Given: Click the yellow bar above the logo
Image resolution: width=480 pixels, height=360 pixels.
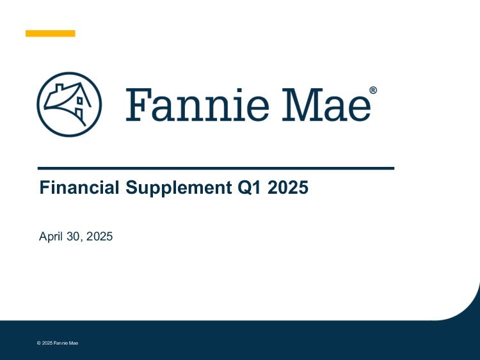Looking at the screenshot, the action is point(50,33).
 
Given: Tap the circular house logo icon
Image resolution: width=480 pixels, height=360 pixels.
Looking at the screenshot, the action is point(69,104).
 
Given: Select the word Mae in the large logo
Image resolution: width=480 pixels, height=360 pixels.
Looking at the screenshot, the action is point(326,105).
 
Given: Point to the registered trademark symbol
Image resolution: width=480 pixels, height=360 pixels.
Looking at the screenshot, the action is point(373,90).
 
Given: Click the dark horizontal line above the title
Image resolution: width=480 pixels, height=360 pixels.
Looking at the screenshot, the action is point(216,168).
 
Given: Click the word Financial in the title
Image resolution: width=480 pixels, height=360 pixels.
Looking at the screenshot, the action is point(79,187).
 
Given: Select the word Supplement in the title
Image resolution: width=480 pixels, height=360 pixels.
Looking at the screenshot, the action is point(179,188).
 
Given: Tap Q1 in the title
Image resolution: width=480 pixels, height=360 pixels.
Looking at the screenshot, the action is point(250,187).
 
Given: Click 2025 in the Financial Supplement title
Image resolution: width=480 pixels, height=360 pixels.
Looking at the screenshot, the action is point(288,187).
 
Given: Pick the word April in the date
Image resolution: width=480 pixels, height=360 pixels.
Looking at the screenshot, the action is point(51,237).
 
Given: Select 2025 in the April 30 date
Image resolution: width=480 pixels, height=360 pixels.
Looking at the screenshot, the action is point(99,237).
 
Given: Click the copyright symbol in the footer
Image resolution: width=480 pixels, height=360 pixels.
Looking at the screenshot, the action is point(39,343).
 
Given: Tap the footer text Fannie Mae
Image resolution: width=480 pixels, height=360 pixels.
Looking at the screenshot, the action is point(66,343).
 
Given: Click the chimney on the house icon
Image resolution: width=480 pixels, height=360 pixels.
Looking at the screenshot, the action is point(59,88).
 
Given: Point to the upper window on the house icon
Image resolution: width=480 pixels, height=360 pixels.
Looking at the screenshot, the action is point(79,100).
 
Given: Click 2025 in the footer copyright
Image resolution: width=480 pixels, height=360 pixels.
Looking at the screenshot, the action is point(47,343).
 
